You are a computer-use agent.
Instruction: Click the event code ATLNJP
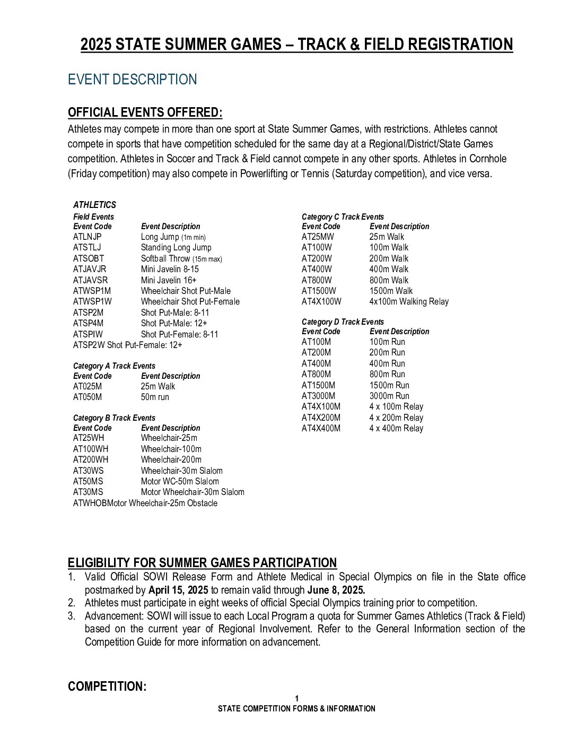pos(88,237)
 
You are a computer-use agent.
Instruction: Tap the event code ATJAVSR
pos(90,280)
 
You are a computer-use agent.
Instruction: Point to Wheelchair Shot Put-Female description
pos(190,302)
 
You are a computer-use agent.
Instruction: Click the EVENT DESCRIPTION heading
pos(132,80)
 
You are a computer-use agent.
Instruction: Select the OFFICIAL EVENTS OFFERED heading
pos(145,112)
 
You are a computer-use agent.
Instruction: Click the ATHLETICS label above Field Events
pos(94,205)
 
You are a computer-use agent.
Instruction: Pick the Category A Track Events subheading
pos(114,366)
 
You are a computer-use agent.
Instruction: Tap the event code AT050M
pos(88,397)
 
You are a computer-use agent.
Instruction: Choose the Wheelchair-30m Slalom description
pos(181,471)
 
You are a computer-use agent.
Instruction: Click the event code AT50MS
pos(88,482)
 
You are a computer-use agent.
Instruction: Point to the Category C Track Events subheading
pos(343,217)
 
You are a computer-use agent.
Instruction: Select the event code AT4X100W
pos(321,302)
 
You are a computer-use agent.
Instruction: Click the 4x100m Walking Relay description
pos(409,302)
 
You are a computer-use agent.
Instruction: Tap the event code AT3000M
pos(318,396)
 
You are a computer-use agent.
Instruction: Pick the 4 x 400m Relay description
pos(396,429)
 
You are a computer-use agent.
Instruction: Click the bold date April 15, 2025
pos(178,590)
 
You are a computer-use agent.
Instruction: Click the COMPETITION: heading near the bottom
pos(107,687)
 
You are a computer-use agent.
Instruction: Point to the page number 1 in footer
pos(297,699)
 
